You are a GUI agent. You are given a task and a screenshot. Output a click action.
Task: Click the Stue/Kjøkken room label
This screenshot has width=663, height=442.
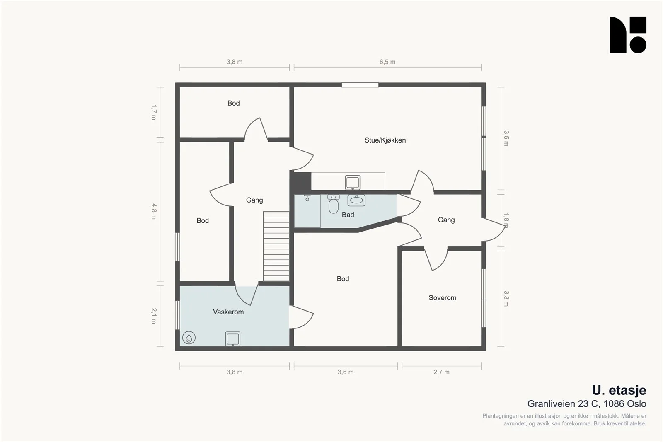(x=385, y=140)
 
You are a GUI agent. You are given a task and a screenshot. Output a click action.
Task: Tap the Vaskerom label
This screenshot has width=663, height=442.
(x=228, y=312)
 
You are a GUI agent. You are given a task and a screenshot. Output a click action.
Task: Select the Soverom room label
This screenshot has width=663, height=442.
(x=443, y=298)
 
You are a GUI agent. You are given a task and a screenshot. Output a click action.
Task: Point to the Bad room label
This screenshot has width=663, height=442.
(x=348, y=215)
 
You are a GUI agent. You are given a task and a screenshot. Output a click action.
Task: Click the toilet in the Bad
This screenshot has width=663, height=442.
(x=334, y=204)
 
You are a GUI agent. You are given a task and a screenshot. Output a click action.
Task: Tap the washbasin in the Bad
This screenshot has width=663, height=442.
(x=356, y=200)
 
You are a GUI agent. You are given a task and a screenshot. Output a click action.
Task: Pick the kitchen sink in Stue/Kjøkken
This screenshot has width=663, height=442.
(x=353, y=182)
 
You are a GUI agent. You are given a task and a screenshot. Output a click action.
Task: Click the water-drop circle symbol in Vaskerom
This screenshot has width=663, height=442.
(x=189, y=338)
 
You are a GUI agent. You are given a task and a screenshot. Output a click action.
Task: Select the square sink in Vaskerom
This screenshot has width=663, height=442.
(x=232, y=339)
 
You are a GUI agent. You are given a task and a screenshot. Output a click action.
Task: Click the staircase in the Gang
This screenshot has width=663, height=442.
(x=276, y=246)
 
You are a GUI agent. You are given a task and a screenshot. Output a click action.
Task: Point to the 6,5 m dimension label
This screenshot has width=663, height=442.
(x=387, y=62)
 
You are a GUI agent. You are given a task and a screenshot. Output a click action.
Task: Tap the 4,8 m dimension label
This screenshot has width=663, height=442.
(x=154, y=211)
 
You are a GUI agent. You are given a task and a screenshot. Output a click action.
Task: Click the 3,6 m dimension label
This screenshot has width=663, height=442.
(x=346, y=372)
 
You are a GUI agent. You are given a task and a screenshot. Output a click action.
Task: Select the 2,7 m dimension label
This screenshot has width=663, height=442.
(x=442, y=372)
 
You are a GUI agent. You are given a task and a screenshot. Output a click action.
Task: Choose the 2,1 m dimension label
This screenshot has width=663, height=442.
(x=154, y=316)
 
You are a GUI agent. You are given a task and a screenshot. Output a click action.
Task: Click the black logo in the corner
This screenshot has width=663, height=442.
(x=628, y=35)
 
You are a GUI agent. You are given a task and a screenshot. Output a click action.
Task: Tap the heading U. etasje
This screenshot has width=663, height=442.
(x=619, y=391)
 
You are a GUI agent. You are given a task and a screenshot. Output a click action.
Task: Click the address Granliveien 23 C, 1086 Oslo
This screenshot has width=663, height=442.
(x=587, y=404)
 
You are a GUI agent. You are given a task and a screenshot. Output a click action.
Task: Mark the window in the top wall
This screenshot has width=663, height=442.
(x=360, y=85)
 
